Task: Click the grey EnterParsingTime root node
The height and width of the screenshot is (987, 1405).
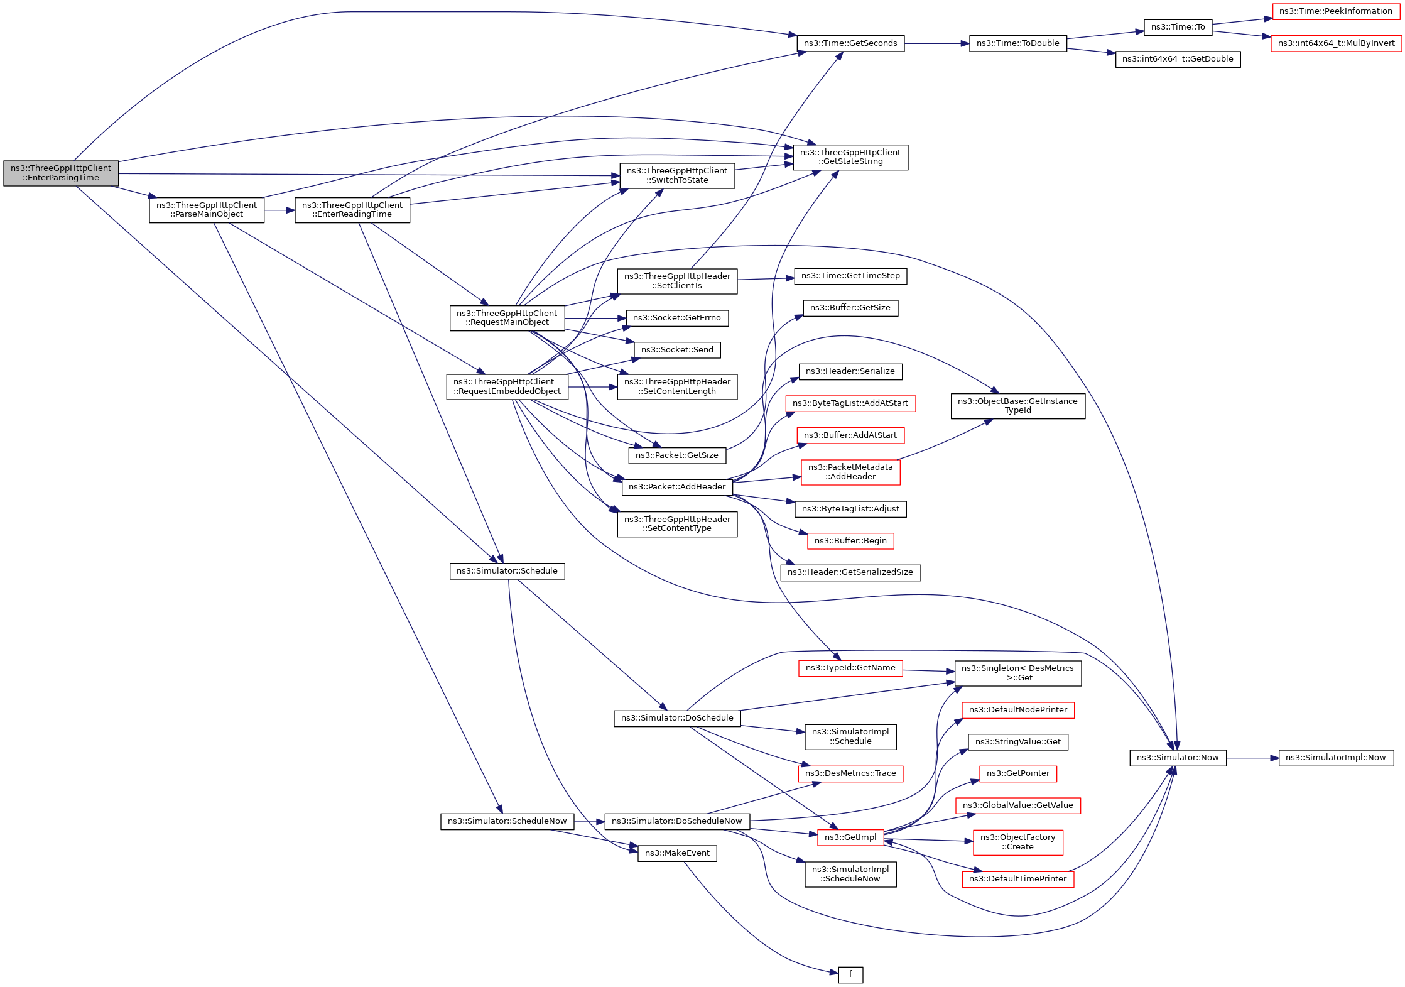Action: tap(61, 173)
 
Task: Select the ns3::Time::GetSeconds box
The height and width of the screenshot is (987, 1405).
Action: tap(850, 43)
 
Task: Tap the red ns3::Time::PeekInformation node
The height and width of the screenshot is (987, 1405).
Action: tap(1335, 11)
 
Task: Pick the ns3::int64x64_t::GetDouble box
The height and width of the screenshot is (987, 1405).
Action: tap(1178, 59)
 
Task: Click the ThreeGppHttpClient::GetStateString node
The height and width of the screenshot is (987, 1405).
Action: tap(850, 157)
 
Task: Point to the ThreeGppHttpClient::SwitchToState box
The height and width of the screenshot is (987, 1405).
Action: tap(677, 175)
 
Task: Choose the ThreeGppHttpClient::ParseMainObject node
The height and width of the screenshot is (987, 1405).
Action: tap(207, 210)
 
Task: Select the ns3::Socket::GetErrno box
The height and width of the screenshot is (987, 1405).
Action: tap(677, 318)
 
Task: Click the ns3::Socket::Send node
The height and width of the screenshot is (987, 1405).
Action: tap(677, 350)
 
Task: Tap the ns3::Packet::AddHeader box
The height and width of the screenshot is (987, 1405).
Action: tap(677, 487)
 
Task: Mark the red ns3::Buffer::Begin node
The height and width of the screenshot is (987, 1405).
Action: tap(850, 541)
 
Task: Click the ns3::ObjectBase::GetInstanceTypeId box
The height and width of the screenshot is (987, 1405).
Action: tap(1017, 406)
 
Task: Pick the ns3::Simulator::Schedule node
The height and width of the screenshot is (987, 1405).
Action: tap(507, 571)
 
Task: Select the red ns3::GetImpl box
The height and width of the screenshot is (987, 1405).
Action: tap(850, 837)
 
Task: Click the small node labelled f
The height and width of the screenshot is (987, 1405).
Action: tap(850, 974)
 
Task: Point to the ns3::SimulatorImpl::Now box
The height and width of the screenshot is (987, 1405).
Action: tap(1335, 758)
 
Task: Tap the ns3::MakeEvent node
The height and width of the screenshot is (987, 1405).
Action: tap(677, 853)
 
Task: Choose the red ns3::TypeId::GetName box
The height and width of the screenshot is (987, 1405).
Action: tap(850, 668)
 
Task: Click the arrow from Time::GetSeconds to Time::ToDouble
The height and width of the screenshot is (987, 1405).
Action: tap(936, 43)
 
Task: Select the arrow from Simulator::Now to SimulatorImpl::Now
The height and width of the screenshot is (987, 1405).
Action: tap(1252, 758)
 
